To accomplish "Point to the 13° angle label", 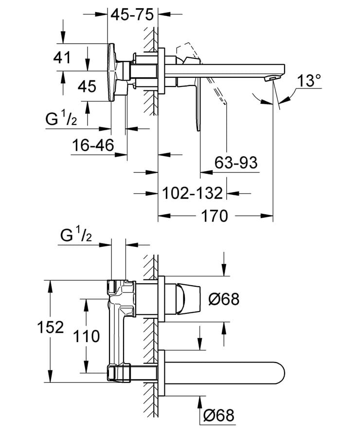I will tap(309, 80).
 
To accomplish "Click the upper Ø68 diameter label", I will tap(223, 299).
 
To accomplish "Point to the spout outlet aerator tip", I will tap(273, 78).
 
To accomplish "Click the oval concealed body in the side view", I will tap(112, 73).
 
